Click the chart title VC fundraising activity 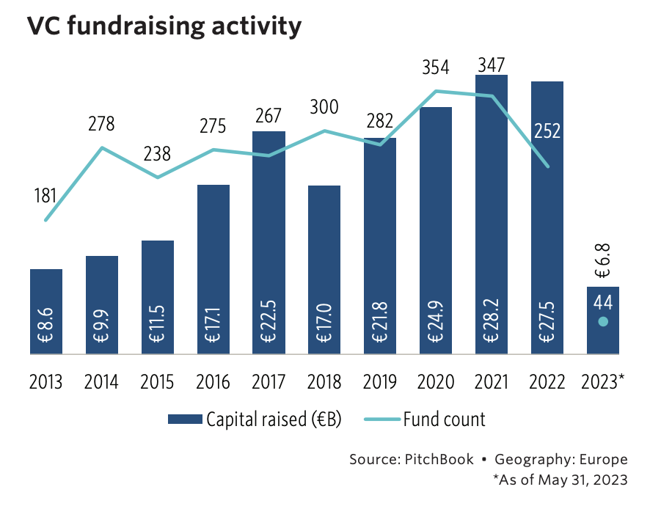(x=164, y=26)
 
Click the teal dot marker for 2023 (x=602, y=322)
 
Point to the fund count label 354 (x=436, y=69)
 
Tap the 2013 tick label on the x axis (x=46, y=382)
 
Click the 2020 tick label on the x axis (x=436, y=382)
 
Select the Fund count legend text (x=444, y=419)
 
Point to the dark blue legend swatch (x=185, y=419)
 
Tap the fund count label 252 (x=547, y=131)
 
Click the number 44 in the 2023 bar (x=602, y=302)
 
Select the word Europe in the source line (x=603, y=460)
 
